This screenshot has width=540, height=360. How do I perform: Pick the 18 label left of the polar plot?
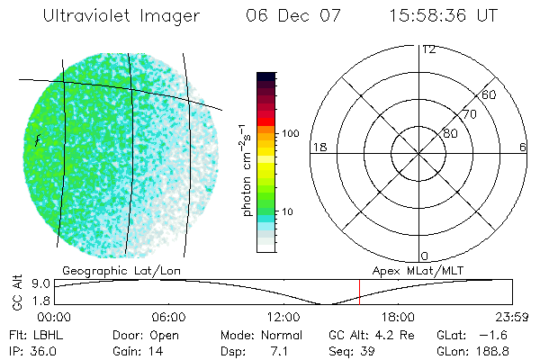click(x=319, y=147)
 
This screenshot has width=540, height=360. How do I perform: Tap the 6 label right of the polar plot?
click(x=523, y=147)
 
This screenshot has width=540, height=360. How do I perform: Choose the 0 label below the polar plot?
click(x=425, y=256)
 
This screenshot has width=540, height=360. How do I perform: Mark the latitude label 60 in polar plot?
click(x=490, y=94)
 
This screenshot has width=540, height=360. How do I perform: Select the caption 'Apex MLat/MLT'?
click(x=416, y=270)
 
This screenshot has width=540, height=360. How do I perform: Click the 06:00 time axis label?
click(x=168, y=316)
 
